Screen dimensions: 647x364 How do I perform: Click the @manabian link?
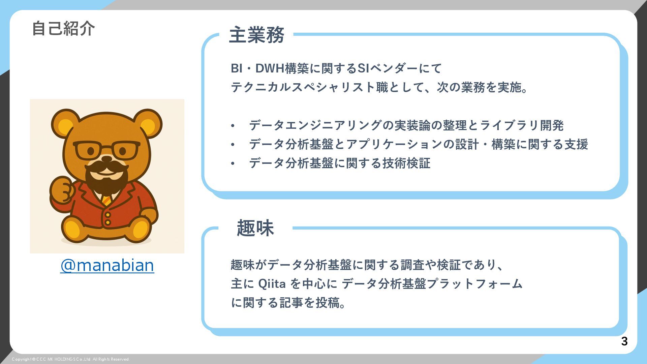(107, 266)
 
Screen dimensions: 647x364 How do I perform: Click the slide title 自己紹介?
(63, 28)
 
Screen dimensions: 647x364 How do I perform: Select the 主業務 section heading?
(256, 35)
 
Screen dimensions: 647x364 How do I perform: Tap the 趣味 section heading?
(255, 228)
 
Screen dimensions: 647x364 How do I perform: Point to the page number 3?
(624, 341)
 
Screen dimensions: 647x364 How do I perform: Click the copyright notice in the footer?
(71, 359)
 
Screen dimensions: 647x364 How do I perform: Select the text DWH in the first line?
(270, 68)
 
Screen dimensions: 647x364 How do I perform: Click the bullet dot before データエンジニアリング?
(233, 126)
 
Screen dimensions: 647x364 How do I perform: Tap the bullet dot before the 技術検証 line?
(233, 164)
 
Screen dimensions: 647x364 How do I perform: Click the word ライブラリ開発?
(522, 126)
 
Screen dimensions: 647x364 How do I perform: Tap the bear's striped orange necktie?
(106, 200)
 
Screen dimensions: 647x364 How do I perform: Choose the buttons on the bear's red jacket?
(107, 218)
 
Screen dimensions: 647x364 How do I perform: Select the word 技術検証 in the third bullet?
(406, 163)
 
